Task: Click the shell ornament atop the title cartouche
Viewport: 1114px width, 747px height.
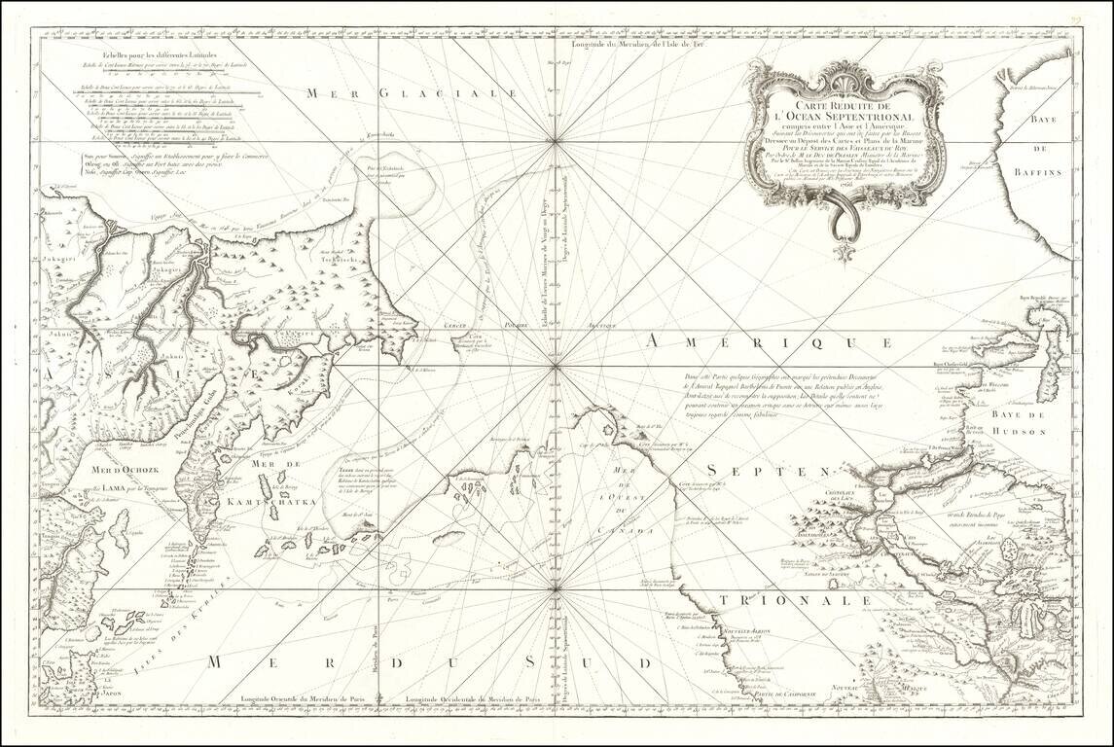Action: (x=844, y=69)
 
